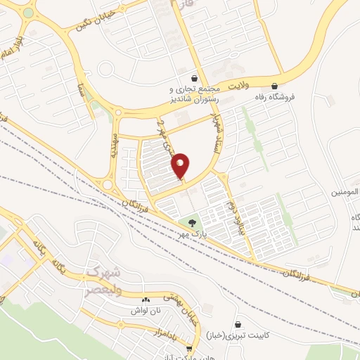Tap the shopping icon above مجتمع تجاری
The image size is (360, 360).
click(x=194, y=78)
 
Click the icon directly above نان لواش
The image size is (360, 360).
click(x=146, y=299)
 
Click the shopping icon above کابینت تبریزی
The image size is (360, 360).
click(x=240, y=324)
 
